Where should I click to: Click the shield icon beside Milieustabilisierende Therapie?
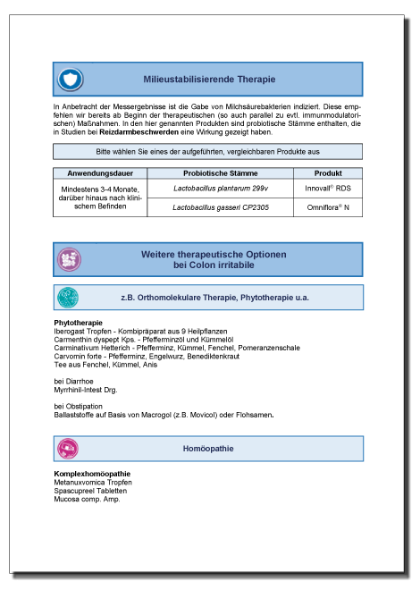click(x=70, y=79)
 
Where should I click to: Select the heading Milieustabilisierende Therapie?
click(x=209, y=80)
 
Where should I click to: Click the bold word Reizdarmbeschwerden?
click(x=152, y=132)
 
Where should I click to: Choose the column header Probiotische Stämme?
click(x=219, y=172)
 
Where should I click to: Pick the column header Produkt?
click(x=328, y=172)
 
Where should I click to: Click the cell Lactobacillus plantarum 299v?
click(x=219, y=189)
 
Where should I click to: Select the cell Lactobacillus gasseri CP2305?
click(x=219, y=207)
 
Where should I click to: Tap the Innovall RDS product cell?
click(x=328, y=189)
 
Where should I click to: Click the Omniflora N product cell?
click(x=328, y=207)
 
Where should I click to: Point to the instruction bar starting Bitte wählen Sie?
click(x=208, y=152)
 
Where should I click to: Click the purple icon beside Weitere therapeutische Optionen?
click(x=70, y=259)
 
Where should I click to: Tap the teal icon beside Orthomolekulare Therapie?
click(x=68, y=297)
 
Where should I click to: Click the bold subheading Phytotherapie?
click(x=79, y=322)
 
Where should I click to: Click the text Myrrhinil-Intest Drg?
click(x=86, y=390)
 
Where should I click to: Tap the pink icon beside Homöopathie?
click(x=68, y=448)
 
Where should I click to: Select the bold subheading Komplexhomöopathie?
click(x=92, y=474)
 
